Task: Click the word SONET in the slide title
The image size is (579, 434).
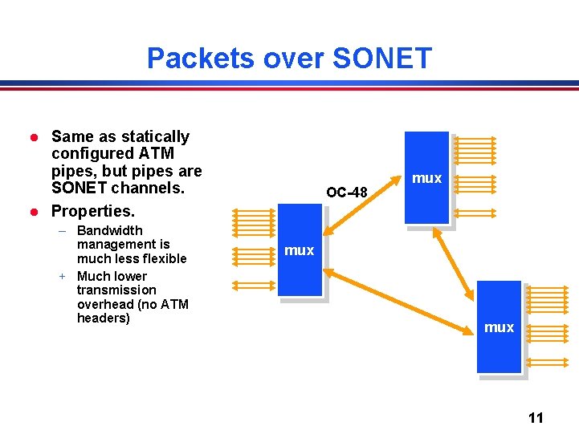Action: (381, 59)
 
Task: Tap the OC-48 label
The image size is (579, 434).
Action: (347, 193)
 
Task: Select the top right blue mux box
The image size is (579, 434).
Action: (426, 177)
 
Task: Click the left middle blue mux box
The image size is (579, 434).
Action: (300, 250)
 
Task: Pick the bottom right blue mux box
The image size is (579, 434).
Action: (499, 327)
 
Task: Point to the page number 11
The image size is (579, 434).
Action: (536, 417)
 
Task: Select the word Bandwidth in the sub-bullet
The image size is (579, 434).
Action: (110, 230)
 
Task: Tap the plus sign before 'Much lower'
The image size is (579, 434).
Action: (61, 276)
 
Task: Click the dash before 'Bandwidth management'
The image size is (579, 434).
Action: (62, 230)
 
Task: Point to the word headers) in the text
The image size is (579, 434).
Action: (103, 318)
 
